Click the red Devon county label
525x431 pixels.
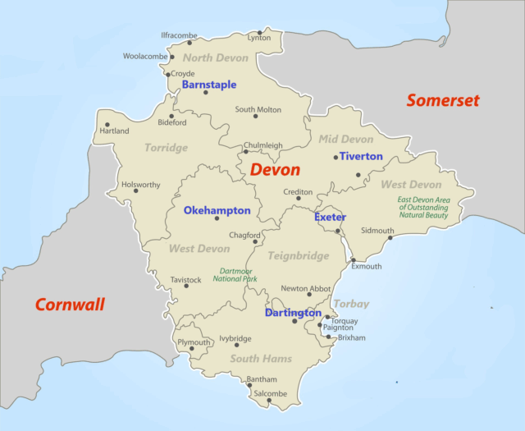tap(275, 170)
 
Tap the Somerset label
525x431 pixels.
tap(442, 100)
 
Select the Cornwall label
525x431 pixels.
tap(70, 305)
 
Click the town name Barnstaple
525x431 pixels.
tap(209, 85)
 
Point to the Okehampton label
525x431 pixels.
tap(217, 211)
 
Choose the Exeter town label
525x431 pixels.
tap(330, 218)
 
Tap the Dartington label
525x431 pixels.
tap(293, 313)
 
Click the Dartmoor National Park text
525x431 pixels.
tap(235, 275)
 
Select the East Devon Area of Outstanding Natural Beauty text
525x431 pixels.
tap(423, 207)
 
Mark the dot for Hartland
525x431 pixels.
tap(107, 125)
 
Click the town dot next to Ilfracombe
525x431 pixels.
tap(189, 43)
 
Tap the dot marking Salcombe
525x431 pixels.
tap(257, 401)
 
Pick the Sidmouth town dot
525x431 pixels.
tap(390, 238)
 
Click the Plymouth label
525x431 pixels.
tap(194, 342)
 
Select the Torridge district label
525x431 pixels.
tap(166, 148)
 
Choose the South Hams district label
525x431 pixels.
tap(261, 359)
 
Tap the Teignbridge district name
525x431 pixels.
tap(298, 256)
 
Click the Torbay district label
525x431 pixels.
tap(351, 304)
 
